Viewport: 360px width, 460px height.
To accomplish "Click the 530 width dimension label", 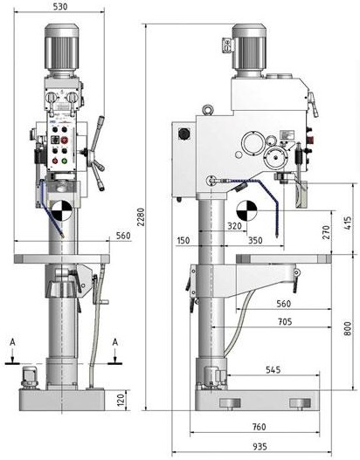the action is pyautogui.click(x=60, y=6).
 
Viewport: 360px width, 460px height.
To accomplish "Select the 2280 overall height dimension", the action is pyautogui.click(x=142, y=217).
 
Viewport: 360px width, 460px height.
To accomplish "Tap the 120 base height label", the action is pyautogui.click(x=121, y=400).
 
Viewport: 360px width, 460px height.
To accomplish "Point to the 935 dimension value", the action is pyautogui.click(x=260, y=447).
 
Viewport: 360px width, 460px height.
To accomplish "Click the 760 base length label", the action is pyautogui.click(x=259, y=427).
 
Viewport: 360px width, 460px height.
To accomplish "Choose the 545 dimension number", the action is pyautogui.click(x=273, y=369).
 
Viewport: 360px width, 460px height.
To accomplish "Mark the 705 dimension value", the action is pyautogui.click(x=285, y=322).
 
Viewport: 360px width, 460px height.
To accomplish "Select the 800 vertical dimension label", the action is pyautogui.click(x=348, y=328).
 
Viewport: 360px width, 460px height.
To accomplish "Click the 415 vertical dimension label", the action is pyautogui.click(x=348, y=223).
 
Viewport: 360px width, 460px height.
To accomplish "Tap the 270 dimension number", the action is pyautogui.click(x=326, y=232).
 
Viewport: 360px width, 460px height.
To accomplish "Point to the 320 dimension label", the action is pyautogui.click(x=235, y=225).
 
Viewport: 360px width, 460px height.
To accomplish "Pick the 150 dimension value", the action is pyautogui.click(x=183, y=241).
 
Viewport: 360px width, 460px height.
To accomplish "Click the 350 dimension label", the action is pyautogui.click(x=255, y=241).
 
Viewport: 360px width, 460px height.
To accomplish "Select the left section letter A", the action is pyautogui.click(x=12, y=342).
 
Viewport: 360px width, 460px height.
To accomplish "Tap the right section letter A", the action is pyautogui.click(x=115, y=342).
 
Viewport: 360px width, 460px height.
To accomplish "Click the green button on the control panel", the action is pyautogui.click(x=64, y=161).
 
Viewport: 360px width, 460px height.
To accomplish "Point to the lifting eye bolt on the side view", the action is pyautogui.click(x=208, y=110).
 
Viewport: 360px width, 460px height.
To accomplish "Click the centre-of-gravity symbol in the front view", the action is pyautogui.click(x=61, y=210).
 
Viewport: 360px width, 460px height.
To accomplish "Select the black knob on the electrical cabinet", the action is pyautogui.click(x=183, y=134).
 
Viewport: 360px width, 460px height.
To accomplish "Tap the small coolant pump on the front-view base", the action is pyautogui.click(x=29, y=378).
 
